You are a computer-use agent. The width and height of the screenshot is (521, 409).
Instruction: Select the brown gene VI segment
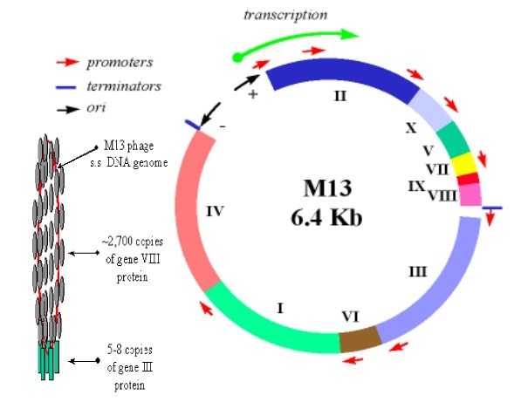360,339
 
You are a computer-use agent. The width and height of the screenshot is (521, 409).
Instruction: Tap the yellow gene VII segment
463,164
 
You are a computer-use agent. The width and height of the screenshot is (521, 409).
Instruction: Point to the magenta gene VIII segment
470,194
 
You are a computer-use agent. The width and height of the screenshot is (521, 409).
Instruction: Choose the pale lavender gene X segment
430,109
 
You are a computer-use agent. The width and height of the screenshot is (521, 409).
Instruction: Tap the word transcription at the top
285,15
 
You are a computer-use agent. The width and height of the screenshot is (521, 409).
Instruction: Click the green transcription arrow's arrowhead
349,34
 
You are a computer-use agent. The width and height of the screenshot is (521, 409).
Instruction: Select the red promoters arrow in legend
68,62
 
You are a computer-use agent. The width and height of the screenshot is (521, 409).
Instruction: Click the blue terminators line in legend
66,87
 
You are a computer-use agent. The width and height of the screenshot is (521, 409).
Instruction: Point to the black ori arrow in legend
68,109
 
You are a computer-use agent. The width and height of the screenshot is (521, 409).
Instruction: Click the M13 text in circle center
327,187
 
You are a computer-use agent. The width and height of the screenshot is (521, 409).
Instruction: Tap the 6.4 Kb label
326,218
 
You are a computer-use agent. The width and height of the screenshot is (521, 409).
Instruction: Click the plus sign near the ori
253,94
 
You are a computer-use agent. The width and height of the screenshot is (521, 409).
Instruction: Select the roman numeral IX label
416,187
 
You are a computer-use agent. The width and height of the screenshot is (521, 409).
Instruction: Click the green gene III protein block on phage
49,359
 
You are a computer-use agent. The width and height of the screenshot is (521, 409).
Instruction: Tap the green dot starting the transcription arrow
237,58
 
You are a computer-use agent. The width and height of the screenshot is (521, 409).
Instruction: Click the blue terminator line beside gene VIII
492,208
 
